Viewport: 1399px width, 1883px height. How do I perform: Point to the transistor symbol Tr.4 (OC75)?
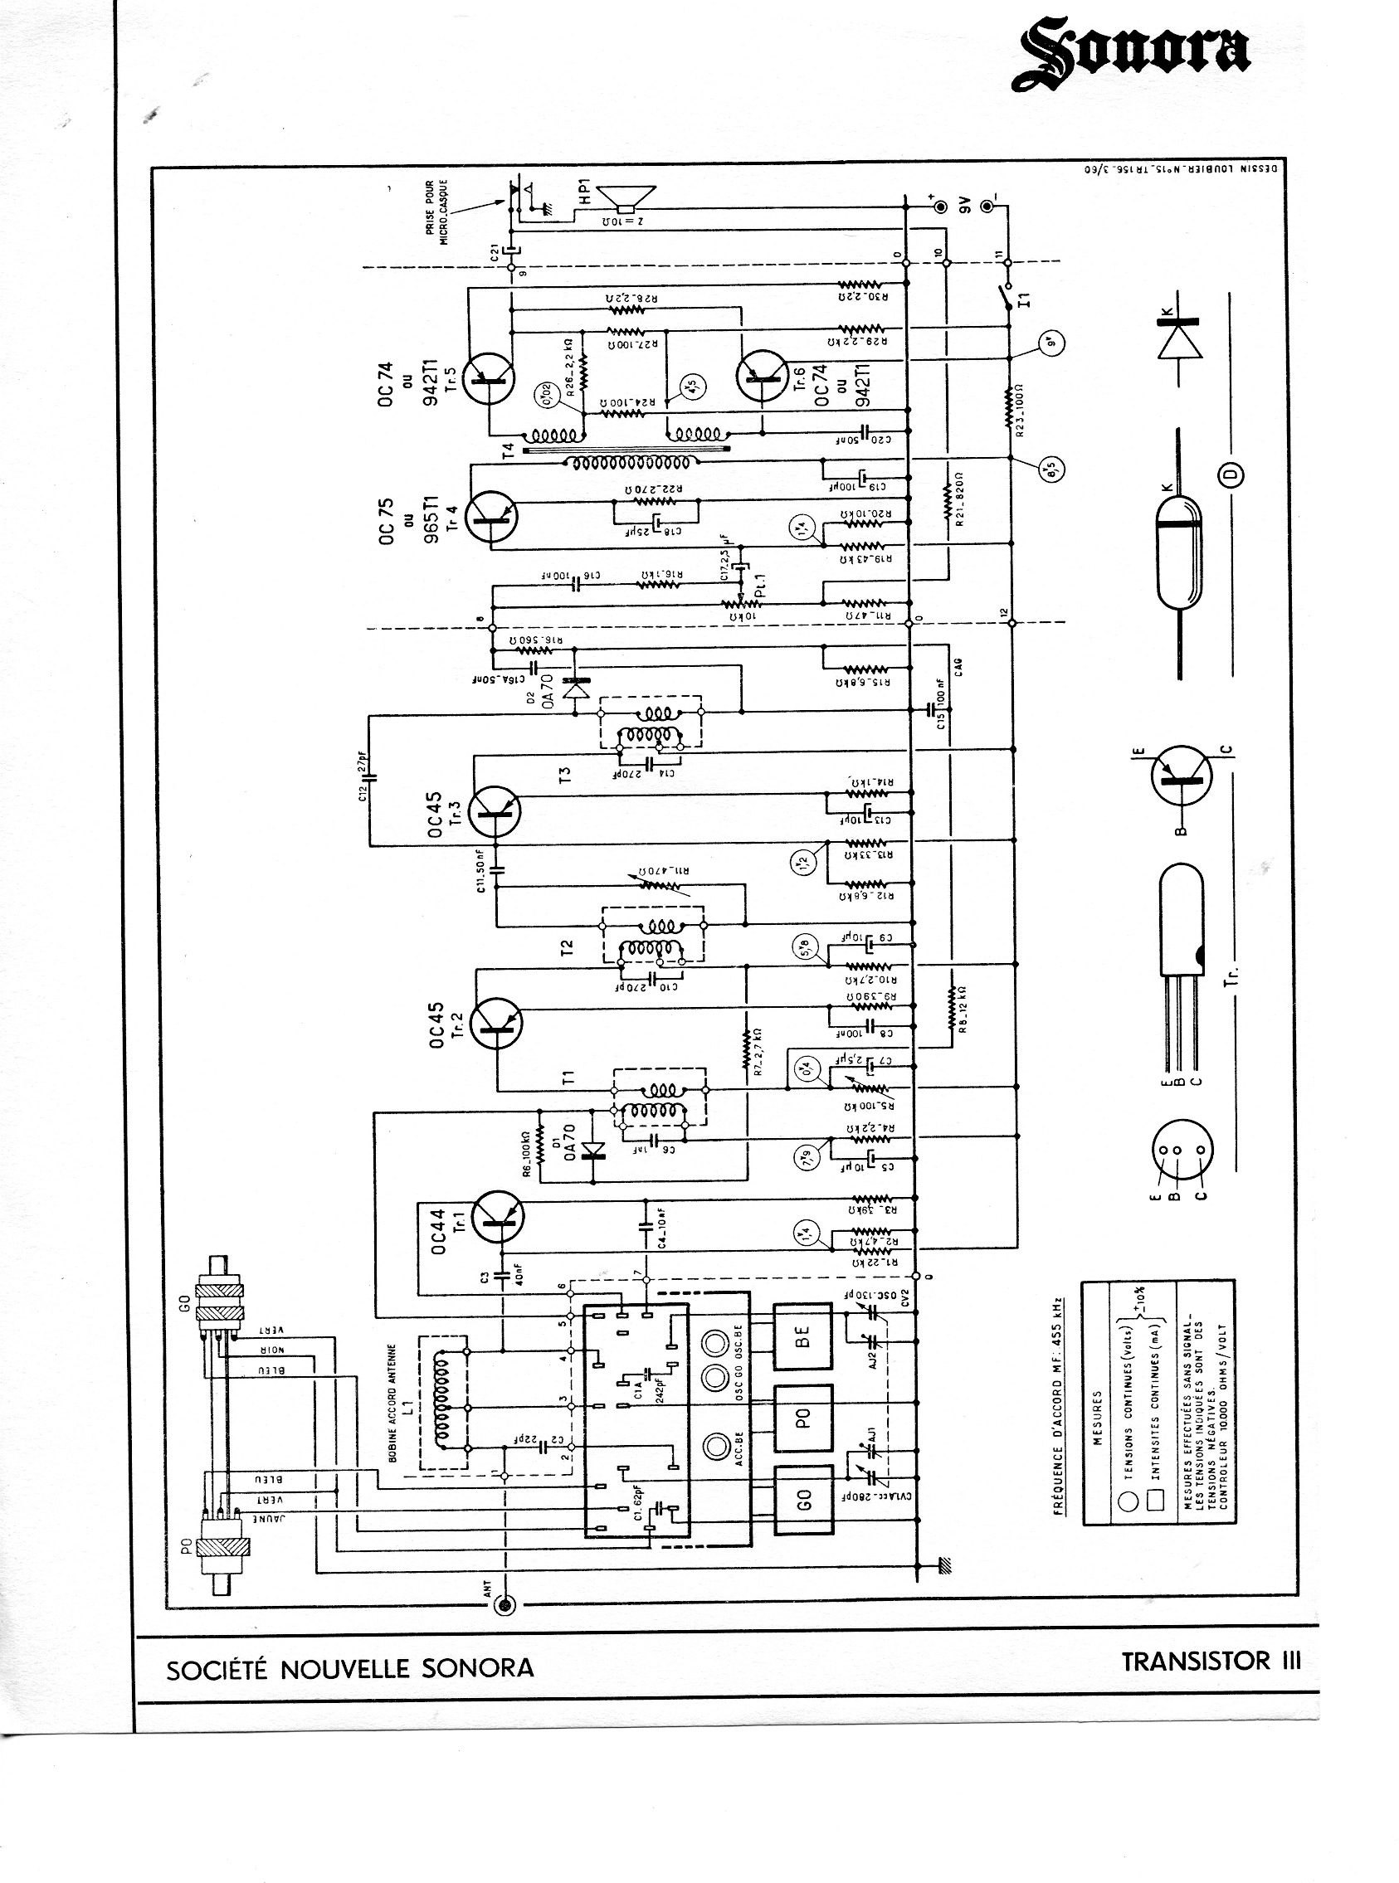[492, 517]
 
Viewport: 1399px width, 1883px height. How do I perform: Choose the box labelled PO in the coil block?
[804, 1416]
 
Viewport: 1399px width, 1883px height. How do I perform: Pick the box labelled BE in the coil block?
[804, 1336]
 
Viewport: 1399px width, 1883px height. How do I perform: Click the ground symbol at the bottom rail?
[947, 1565]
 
